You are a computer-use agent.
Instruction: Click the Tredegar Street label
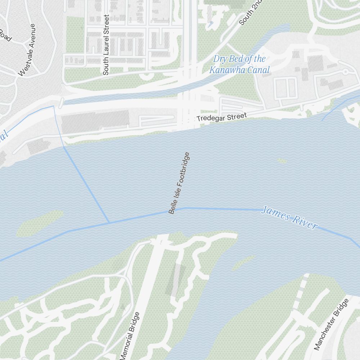point(221,117)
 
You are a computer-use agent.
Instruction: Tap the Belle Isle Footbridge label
point(179,183)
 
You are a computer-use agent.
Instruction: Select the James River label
point(289,217)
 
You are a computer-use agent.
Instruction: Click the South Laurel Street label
point(106,45)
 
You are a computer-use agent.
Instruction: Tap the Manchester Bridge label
point(331,324)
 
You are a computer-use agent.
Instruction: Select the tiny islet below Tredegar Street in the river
point(282,161)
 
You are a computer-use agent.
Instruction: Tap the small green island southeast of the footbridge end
point(243,263)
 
